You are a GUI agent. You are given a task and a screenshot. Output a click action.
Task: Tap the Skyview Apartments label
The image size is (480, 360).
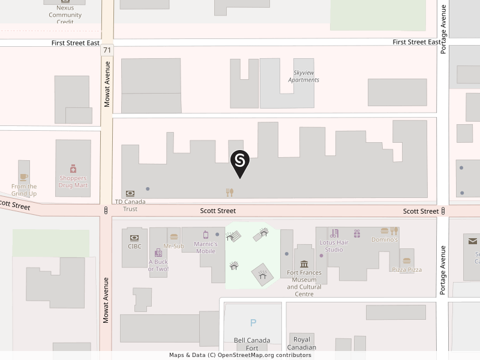click(304, 76)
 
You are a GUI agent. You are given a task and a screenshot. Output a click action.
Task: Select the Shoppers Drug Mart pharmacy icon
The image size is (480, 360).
click(73, 169)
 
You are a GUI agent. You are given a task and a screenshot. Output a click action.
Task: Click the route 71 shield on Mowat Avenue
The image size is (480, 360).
click(107, 50)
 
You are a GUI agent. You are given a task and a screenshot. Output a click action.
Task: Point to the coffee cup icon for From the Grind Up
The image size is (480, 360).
click(23, 177)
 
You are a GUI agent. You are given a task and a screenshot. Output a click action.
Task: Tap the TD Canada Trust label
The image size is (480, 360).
click(130, 205)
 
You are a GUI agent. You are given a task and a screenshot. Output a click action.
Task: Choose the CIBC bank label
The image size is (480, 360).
click(134, 246)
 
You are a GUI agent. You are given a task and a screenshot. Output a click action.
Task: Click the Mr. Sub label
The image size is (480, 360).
click(174, 246)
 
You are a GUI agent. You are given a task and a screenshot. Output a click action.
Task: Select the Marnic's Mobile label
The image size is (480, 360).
click(206, 247)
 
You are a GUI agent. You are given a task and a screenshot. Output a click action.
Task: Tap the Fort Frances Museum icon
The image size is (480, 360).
click(304, 264)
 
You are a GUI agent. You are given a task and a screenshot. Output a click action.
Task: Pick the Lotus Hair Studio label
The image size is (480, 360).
click(334, 246)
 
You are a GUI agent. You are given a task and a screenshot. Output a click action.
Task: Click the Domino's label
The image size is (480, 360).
click(385, 239)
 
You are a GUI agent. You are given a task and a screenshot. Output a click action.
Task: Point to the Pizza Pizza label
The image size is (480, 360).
click(407, 269)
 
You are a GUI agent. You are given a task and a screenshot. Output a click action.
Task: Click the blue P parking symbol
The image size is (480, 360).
click(253, 323)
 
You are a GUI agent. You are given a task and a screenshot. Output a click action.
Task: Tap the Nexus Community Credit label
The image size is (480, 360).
click(65, 15)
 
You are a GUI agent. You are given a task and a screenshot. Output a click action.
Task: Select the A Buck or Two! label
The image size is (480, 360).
click(158, 265)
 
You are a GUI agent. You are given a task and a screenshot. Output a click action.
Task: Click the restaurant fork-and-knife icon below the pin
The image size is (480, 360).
click(229, 193)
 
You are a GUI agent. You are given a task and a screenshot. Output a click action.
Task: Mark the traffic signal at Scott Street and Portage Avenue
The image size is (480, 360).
click(443, 211)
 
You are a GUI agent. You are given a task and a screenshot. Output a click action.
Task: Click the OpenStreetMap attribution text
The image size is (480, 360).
click(240, 355)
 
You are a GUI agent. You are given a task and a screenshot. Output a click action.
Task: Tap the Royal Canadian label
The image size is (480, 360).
click(302, 343)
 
